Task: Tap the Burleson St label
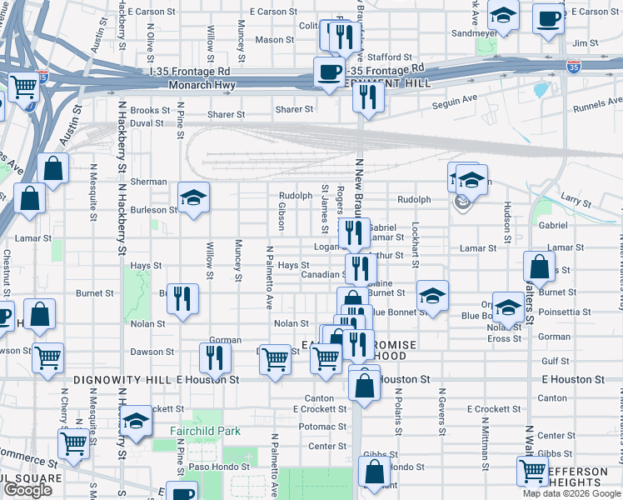coord(154,210)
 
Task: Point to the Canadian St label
coord(323,274)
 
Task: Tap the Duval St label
coord(147,122)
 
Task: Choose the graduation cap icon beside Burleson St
coord(193,198)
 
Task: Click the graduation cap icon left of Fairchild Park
coord(136,422)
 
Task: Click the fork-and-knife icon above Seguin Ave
coord(366,97)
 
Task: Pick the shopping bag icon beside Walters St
coord(539,267)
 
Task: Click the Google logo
coord(28,490)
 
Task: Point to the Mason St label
coord(270,39)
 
